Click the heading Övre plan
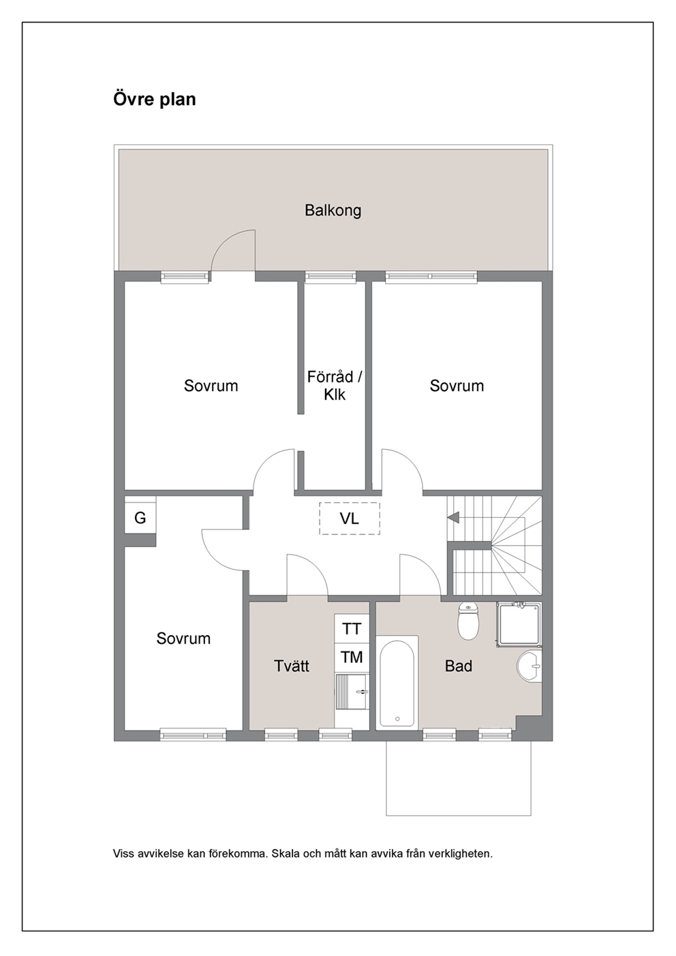pos(155,99)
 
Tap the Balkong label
pos(333,211)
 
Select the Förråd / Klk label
pos(335,386)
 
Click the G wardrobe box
pos(140,518)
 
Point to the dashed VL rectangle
pos(350,519)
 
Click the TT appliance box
pos(352,629)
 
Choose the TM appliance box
pos(352,658)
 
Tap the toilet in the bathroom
pos(468,621)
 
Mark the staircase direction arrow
pos(453,518)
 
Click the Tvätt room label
pos(292,666)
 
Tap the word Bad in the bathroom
pos(459,666)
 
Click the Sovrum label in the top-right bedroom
pos(457,386)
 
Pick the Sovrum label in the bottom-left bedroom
pos(183,638)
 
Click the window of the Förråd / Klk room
pos(331,277)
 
